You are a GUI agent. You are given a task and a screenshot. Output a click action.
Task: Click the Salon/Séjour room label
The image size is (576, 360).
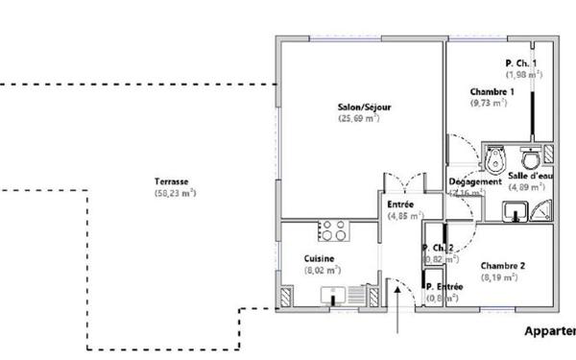click(364, 107)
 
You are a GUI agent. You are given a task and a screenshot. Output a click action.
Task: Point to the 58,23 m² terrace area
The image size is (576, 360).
click(175, 193)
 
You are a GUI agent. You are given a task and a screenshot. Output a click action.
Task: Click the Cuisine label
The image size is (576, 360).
click(319, 259)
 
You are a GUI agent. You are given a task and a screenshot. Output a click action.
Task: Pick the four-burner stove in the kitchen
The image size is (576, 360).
click(333, 230)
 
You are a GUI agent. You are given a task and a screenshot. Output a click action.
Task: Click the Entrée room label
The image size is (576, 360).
click(400, 204)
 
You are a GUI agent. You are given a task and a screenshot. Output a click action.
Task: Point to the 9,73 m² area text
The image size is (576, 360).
click(489, 103)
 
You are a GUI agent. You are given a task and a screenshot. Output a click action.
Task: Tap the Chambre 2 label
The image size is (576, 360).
click(503, 266)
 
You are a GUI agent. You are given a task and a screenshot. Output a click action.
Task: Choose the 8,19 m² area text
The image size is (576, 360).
click(499, 277)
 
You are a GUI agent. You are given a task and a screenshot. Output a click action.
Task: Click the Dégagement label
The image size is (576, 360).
click(475, 181)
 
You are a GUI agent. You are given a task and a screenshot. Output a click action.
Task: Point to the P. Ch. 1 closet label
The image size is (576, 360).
click(522, 63)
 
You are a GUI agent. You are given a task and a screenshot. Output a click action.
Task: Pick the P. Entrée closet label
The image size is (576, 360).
click(444, 286)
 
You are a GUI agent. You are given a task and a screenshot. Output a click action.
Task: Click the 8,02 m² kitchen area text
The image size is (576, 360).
click(323, 271)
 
